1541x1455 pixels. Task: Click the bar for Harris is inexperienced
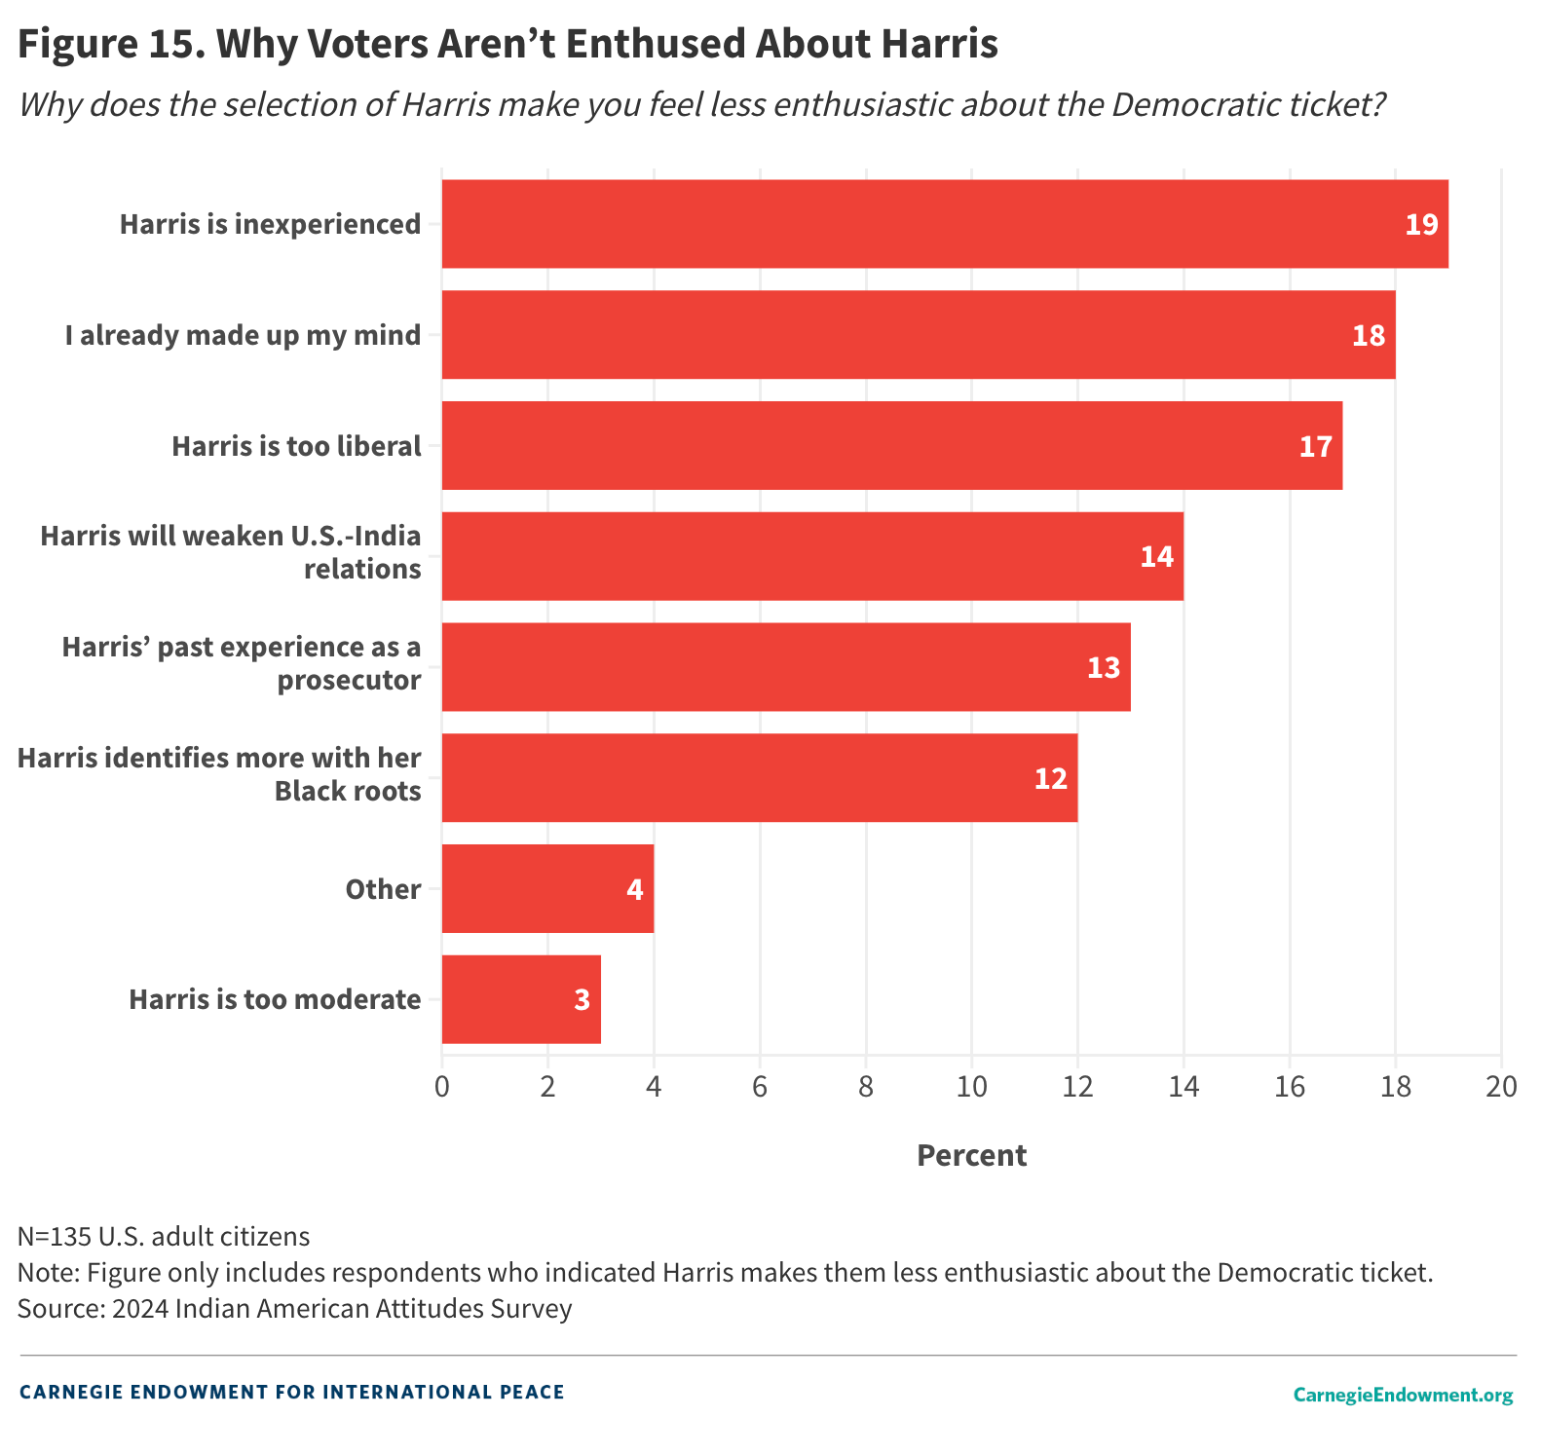(x=945, y=224)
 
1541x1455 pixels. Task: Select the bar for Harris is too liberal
(x=891, y=446)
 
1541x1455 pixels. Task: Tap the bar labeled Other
(x=547, y=889)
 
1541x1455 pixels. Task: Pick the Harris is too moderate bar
(x=521, y=1000)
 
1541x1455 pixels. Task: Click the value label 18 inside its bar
(x=1368, y=336)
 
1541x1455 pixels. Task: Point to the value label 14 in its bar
(x=1156, y=557)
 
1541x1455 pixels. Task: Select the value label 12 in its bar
(x=1050, y=779)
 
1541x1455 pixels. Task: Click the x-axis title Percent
(x=971, y=1156)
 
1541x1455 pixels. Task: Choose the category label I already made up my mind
(x=244, y=336)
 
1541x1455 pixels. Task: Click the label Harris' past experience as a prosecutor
(x=242, y=663)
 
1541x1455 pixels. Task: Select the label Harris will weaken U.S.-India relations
(x=231, y=552)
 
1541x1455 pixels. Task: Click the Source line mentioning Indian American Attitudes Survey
(x=294, y=1308)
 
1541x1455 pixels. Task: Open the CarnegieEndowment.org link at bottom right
(x=1403, y=1395)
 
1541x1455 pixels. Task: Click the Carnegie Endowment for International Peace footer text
(x=292, y=1392)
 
